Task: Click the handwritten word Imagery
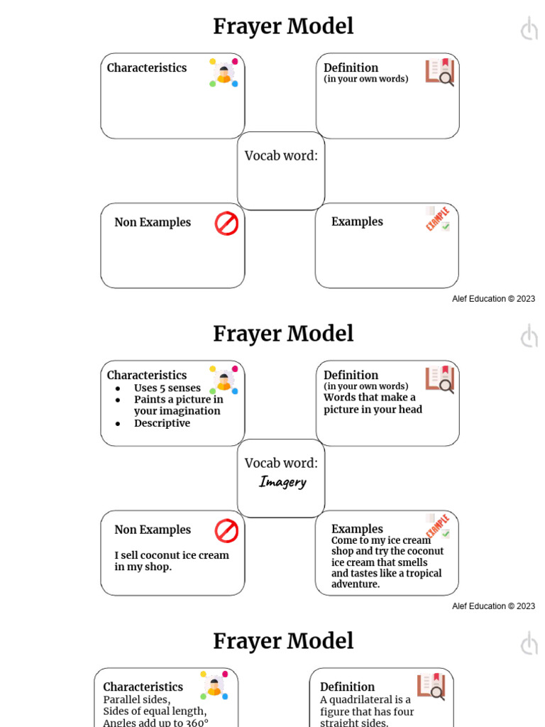282,482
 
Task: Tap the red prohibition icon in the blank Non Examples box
226,224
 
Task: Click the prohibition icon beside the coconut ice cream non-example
226,530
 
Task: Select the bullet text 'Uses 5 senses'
167,388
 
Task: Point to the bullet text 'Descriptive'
162,423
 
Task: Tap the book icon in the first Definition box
440,72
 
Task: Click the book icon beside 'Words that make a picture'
440,379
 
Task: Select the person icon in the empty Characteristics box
224,72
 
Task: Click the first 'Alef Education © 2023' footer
493,299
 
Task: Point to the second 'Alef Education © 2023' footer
493,606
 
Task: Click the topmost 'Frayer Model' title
283,27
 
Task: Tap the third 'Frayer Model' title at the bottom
283,641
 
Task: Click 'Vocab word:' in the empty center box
281,156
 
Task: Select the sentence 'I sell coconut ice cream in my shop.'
172,561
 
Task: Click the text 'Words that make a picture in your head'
373,403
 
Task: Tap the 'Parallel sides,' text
136,699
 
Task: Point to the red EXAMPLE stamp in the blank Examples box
437,219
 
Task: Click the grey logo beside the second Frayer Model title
529,336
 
